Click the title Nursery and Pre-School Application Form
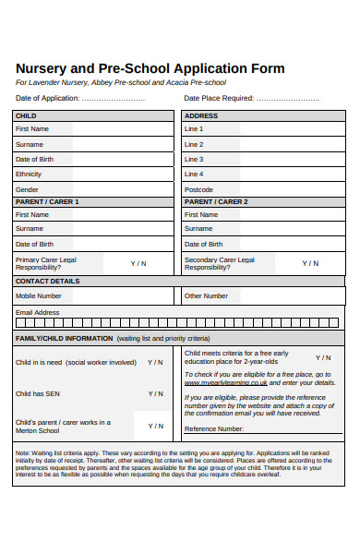click(150, 68)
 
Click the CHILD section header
click(26, 115)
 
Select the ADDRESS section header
click(200, 115)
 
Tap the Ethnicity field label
click(29, 174)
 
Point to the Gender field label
click(27, 188)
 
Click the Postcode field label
click(198, 188)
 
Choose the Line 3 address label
click(194, 159)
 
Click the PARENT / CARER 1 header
click(47, 201)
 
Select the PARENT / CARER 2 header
click(216, 201)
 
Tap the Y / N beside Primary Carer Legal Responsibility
click(138, 263)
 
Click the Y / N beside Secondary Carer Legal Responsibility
click(310, 263)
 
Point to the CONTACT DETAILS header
click(47, 281)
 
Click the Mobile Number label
click(39, 295)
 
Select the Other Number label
click(206, 295)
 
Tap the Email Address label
click(37, 312)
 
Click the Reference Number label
click(214, 428)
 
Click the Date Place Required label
click(219, 98)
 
